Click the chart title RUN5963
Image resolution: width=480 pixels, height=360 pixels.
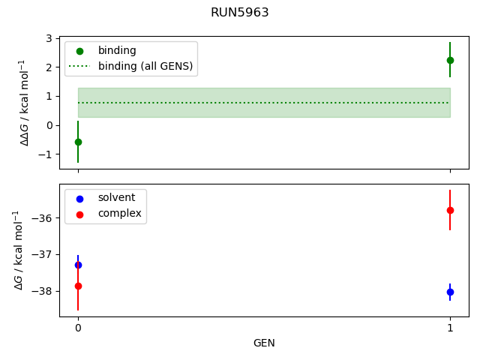(x=240, y=13)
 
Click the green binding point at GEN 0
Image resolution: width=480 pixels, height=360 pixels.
(x=78, y=142)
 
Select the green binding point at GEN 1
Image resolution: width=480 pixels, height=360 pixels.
(x=450, y=60)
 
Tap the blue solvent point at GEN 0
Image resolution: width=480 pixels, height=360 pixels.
(x=78, y=265)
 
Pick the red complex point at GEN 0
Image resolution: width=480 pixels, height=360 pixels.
(x=78, y=286)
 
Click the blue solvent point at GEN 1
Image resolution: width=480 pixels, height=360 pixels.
(x=450, y=292)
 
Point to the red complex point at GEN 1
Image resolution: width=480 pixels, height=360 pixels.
(x=450, y=210)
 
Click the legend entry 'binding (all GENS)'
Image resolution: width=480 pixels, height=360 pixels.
(x=145, y=66)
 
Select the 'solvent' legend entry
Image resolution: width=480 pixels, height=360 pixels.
(x=116, y=197)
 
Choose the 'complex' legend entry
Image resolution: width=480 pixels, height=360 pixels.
(x=119, y=213)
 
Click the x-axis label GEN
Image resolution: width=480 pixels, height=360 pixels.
(x=264, y=343)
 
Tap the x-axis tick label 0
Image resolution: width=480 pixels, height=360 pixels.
(x=78, y=328)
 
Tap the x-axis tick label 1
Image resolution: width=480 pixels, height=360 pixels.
(x=450, y=328)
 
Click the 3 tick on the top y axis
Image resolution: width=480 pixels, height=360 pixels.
(x=49, y=38)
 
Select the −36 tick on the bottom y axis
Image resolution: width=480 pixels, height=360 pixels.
(x=42, y=218)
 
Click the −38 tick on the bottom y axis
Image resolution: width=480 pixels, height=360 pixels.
(x=42, y=291)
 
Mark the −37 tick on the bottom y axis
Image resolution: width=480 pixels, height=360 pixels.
(x=42, y=254)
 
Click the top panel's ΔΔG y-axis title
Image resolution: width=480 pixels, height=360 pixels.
(x=24, y=102)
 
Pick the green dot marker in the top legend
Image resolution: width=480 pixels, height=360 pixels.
(x=79, y=51)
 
